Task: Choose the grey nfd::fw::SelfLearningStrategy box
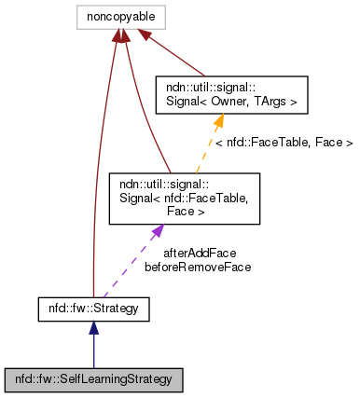tap(93, 379)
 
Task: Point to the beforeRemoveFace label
tap(198, 267)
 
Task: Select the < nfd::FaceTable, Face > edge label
tap(283, 143)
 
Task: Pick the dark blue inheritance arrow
tap(93, 350)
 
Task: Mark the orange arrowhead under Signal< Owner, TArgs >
tap(219, 119)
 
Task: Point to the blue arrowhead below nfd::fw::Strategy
tap(93, 326)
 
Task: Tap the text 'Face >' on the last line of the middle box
tap(185, 211)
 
